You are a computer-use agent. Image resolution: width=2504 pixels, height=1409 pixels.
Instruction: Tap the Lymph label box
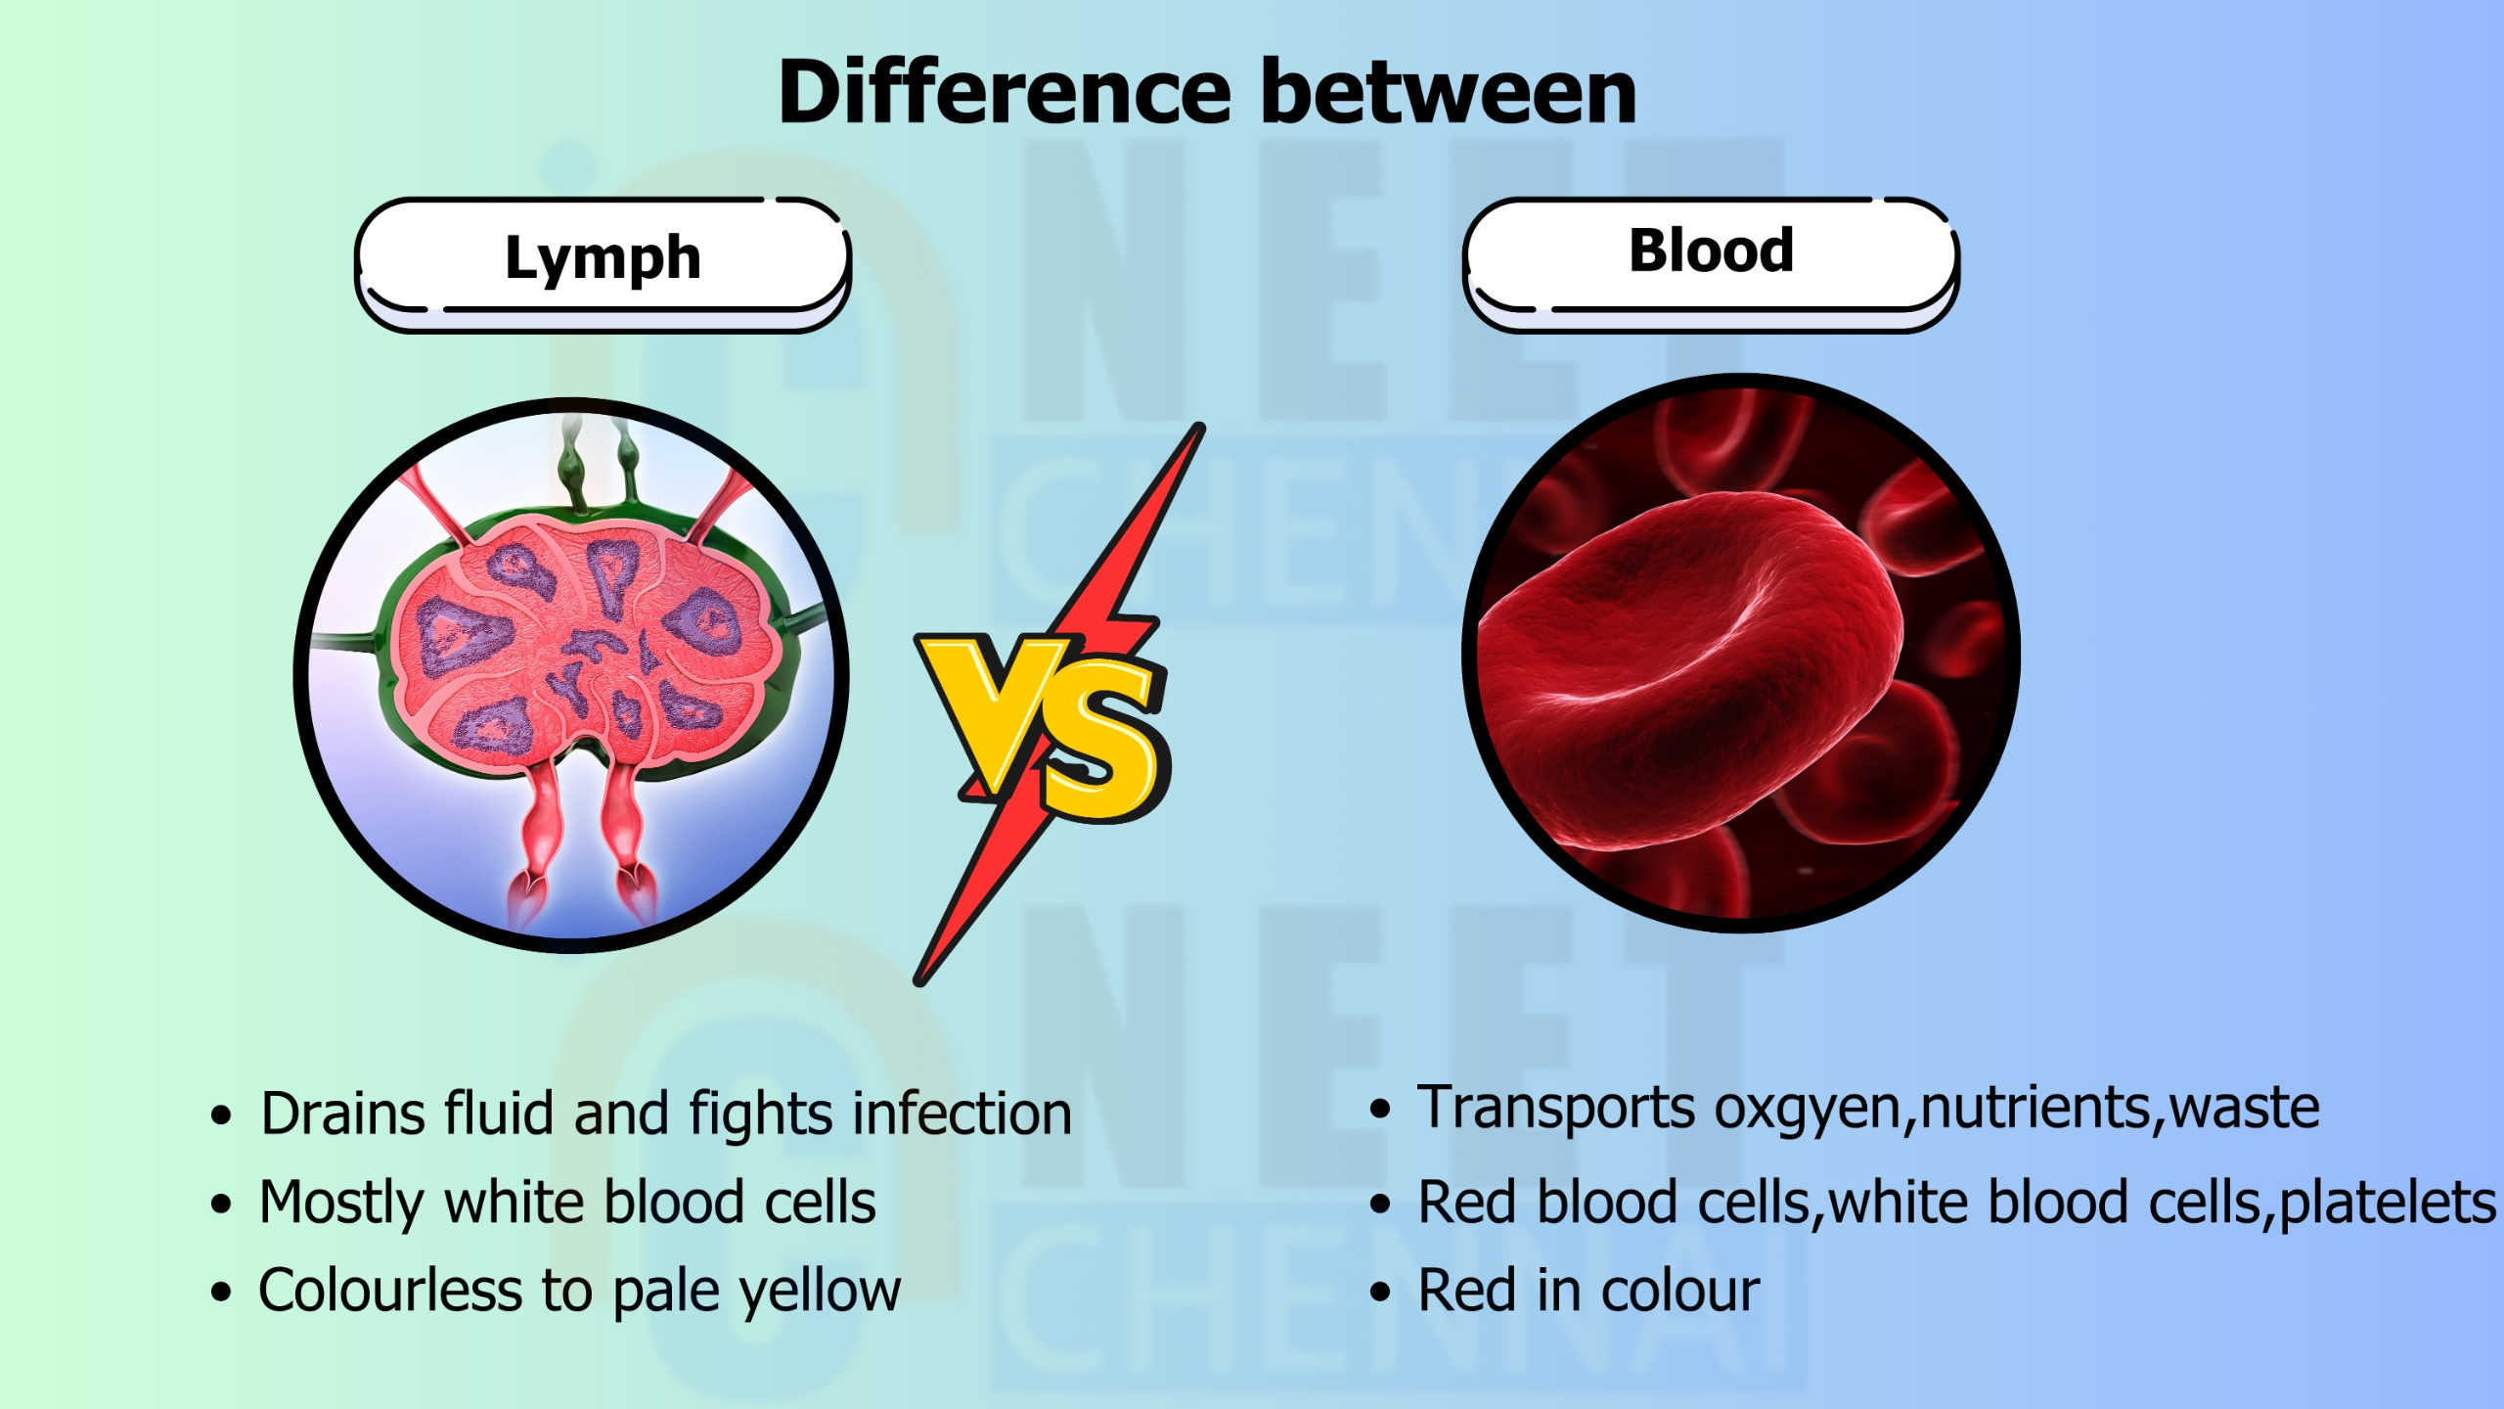[x=604, y=265]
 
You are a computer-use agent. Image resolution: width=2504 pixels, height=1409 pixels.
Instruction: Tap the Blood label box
[x=1712, y=265]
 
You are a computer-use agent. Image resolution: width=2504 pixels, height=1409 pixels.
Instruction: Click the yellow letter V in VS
[x=993, y=709]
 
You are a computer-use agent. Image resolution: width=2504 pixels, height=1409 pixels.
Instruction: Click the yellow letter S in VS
[x=1105, y=744]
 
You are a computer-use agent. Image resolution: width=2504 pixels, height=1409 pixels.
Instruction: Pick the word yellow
[x=820, y=1292]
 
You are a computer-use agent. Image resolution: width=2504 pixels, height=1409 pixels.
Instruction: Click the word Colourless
[x=390, y=1290]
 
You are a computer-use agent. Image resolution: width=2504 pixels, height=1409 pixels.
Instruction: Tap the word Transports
[x=1556, y=1109]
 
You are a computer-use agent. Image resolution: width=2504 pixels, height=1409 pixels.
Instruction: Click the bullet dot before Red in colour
[x=1380, y=1292]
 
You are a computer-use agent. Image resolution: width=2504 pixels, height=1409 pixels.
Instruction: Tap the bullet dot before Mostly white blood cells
[x=221, y=1204]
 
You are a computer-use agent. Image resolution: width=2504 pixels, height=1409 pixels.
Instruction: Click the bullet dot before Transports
[x=1380, y=1109]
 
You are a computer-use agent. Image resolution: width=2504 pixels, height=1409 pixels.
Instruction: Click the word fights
[x=761, y=1114]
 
